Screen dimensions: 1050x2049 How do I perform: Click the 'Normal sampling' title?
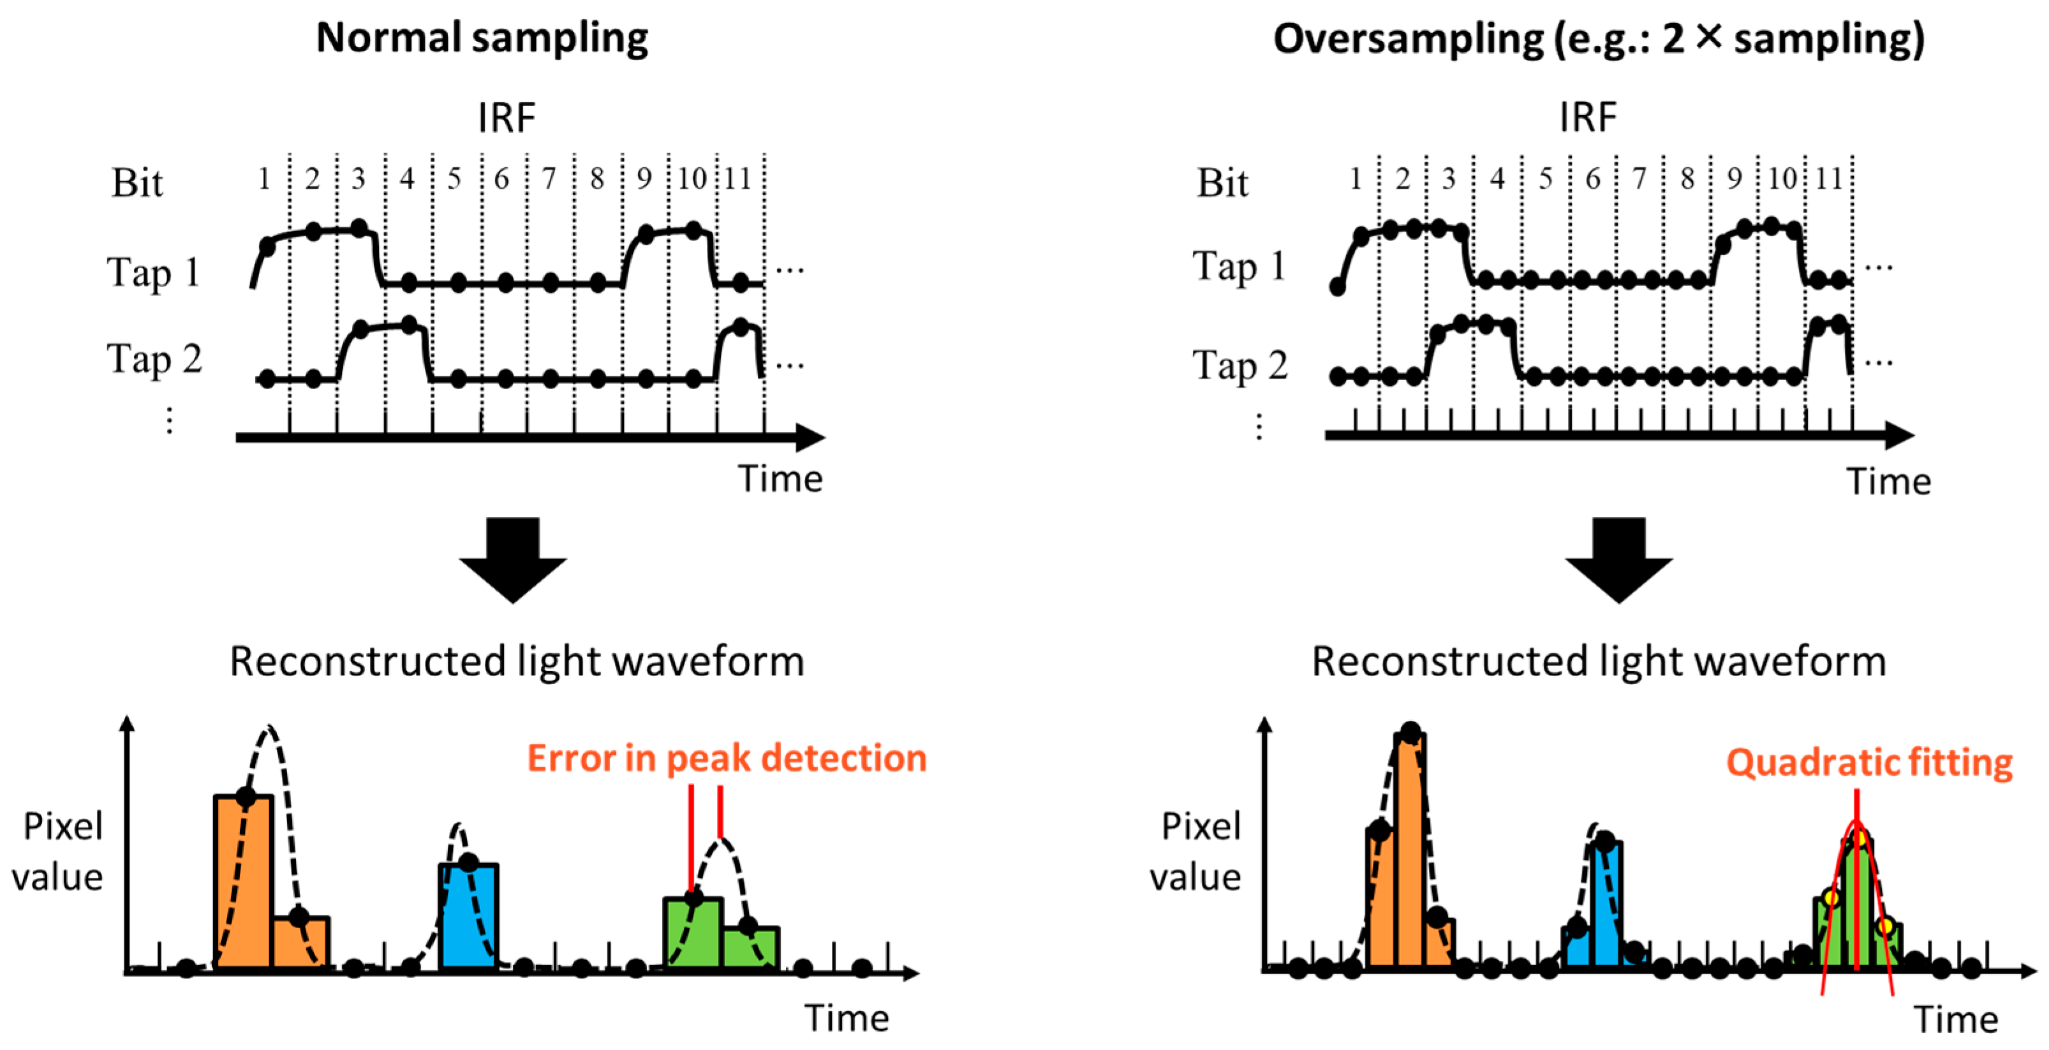482,38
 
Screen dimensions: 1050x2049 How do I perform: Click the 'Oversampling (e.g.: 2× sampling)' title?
1599,38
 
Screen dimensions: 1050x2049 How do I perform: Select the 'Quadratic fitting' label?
1868,762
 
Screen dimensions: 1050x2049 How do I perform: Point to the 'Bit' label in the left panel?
137,183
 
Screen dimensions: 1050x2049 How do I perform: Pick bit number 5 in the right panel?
1544,179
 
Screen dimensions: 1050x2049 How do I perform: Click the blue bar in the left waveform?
468,915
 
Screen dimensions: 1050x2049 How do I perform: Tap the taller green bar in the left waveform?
693,932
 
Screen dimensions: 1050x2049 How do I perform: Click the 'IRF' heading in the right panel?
1588,118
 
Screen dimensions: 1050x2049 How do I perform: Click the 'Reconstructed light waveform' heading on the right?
1599,661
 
